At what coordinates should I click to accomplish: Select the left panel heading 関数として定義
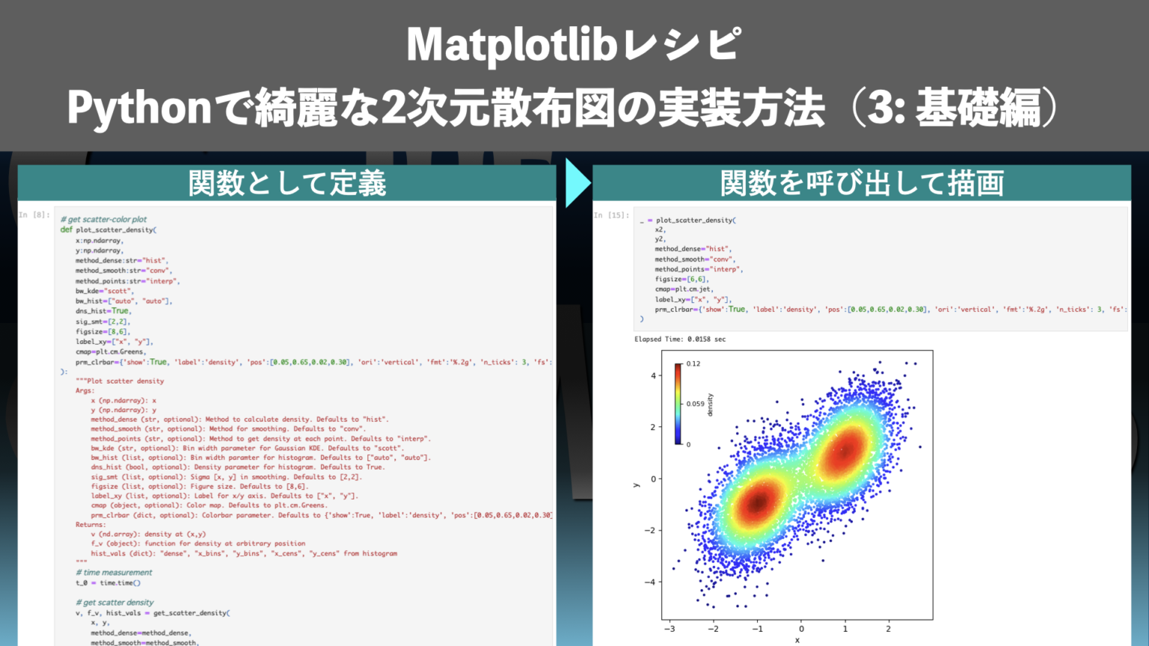(x=287, y=183)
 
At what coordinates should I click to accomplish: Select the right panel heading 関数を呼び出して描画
(x=862, y=183)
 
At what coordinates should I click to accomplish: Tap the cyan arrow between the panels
(x=577, y=182)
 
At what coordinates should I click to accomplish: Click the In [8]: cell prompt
(x=34, y=215)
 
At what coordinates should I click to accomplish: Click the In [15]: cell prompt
(x=611, y=215)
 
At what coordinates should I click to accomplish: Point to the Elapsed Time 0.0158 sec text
(x=680, y=339)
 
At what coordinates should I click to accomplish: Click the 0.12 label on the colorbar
(x=693, y=364)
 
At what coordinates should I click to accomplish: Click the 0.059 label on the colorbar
(x=695, y=404)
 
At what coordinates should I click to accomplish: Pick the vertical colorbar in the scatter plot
(x=678, y=404)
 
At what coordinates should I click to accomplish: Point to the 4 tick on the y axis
(x=653, y=376)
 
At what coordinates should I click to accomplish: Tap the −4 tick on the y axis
(x=650, y=582)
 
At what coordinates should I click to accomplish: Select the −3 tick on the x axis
(x=670, y=629)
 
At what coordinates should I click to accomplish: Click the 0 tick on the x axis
(x=801, y=629)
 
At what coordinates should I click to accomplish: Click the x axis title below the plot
(x=797, y=640)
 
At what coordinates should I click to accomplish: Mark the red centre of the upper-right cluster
(x=845, y=450)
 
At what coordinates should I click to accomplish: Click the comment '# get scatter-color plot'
(x=104, y=220)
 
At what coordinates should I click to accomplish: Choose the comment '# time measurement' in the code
(x=114, y=573)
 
